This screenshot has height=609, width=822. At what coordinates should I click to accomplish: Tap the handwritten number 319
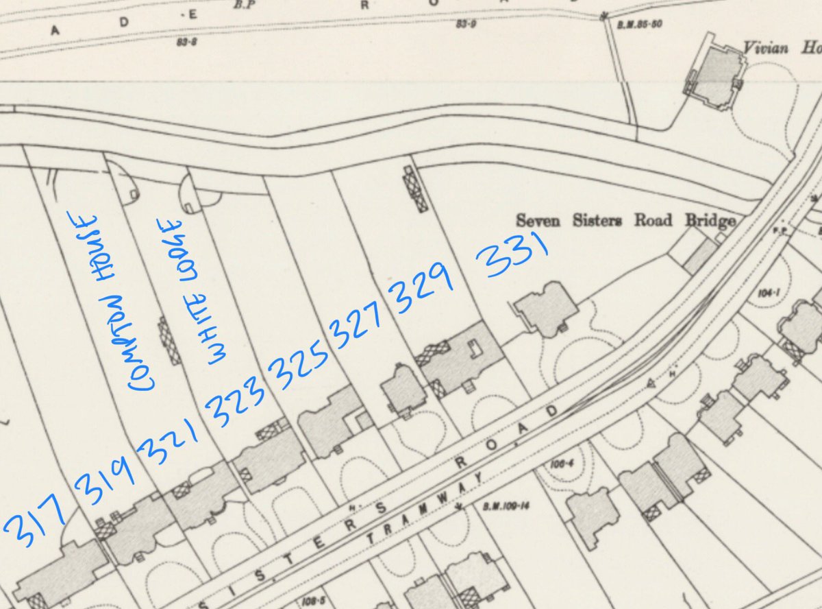coord(105,481)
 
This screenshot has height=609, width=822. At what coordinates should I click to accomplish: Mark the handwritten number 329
coord(421,287)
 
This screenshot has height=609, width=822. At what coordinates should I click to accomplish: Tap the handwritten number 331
coord(514,254)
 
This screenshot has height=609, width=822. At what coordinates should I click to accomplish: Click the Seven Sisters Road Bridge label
coord(625,221)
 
